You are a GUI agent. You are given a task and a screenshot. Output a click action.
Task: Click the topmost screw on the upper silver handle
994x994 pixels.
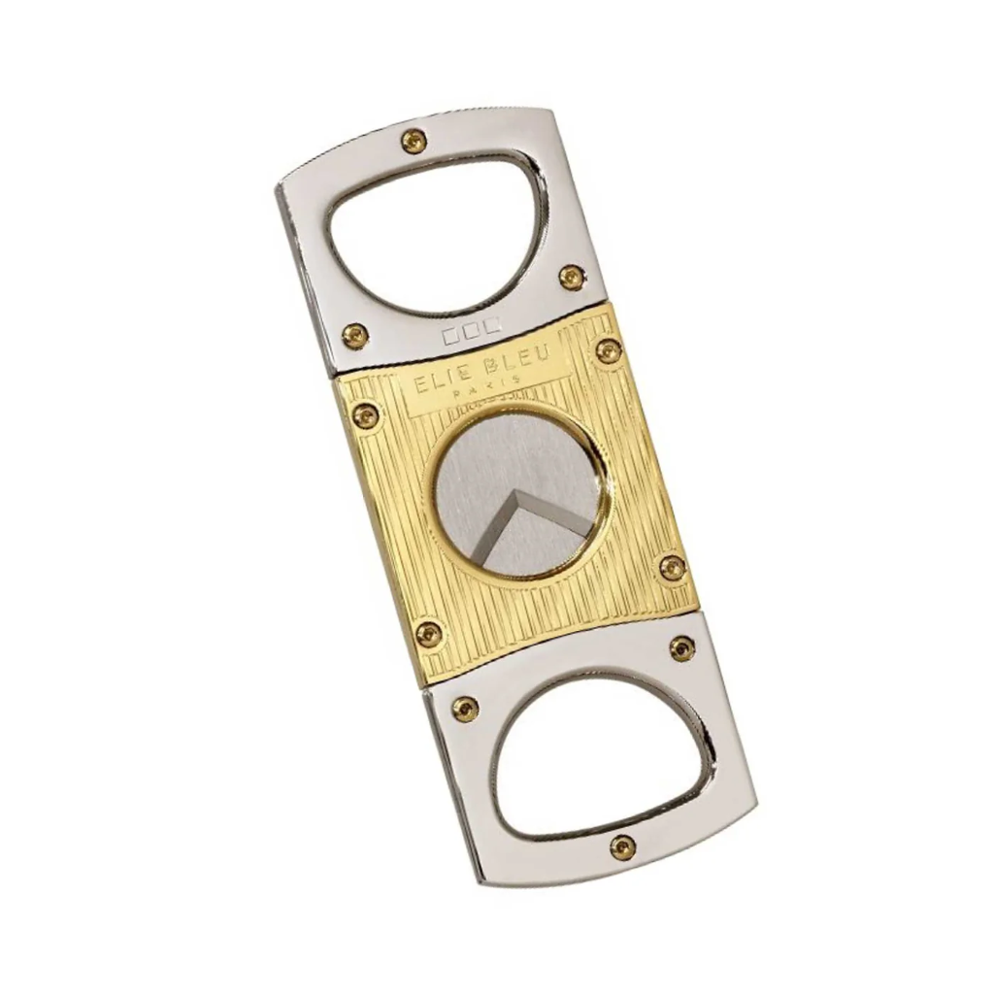(x=414, y=141)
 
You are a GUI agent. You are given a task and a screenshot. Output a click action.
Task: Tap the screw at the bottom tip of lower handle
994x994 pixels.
(x=622, y=847)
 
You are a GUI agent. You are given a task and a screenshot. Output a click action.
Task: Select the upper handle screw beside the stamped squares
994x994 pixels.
(x=356, y=336)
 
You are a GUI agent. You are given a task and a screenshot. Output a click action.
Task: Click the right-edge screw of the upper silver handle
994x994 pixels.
(x=572, y=278)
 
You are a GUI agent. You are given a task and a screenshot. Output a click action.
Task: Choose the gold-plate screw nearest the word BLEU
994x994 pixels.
(x=609, y=350)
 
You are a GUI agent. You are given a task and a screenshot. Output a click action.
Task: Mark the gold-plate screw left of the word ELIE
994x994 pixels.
(x=366, y=415)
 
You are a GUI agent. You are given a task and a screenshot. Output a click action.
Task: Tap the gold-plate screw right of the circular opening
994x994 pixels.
(x=672, y=568)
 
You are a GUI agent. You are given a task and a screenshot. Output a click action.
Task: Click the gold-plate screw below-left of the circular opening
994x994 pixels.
(x=428, y=635)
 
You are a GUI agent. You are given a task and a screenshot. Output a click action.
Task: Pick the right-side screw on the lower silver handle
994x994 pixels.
(x=682, y=647)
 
